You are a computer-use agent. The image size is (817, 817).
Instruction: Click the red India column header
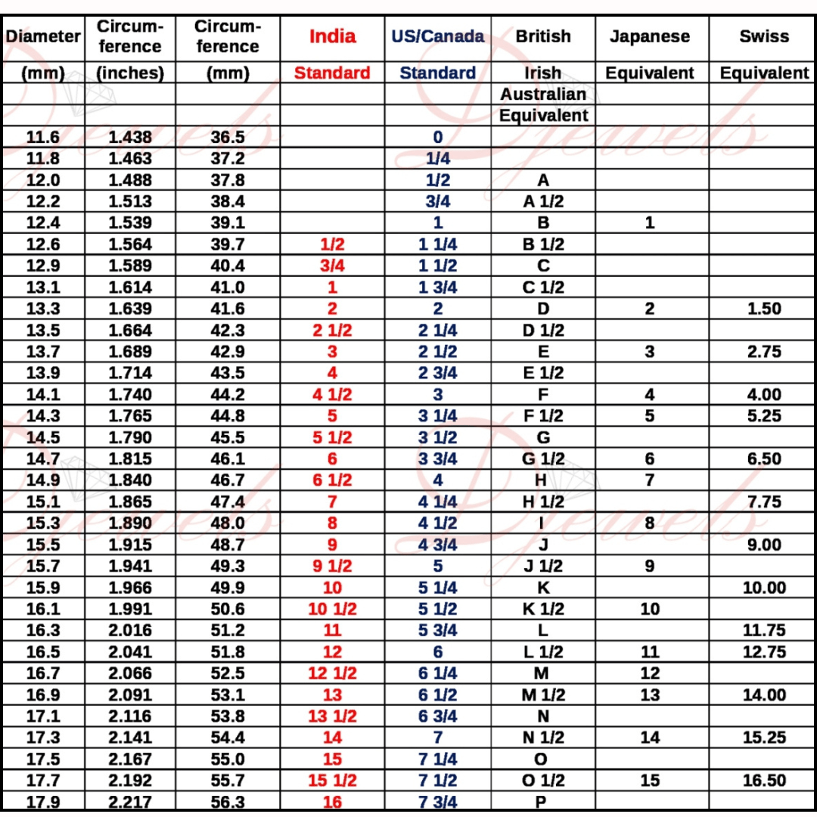coord(332,36)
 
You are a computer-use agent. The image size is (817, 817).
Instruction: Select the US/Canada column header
coord(437,36)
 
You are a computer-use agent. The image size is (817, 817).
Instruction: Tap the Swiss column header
coord(763,36)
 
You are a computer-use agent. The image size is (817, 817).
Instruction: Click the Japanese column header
coord(650,36)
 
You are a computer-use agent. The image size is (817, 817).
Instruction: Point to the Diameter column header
coord(43,36)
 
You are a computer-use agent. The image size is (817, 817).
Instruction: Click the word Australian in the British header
coord(543,95)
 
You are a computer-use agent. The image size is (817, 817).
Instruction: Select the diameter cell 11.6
coord(43,137)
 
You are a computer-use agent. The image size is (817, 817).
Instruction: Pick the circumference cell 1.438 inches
coord(130,137)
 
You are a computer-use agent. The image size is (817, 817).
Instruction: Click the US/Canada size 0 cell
coord(437,138)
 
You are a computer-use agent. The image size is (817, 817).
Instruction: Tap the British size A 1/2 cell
coord(543,201)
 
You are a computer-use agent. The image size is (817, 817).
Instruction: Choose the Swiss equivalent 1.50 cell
coord(763,309)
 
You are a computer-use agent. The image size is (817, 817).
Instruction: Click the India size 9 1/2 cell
coord(332,566)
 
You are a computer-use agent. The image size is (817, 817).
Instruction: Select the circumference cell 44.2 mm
coord(228,394)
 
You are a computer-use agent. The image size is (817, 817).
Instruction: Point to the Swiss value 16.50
coord(763,780)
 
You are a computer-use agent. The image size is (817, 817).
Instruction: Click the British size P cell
coord(543,802)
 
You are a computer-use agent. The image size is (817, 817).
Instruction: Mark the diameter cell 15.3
coord(43,523)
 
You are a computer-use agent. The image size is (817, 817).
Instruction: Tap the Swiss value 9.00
coord(763,545)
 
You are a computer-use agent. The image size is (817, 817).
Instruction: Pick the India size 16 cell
coord(332,802)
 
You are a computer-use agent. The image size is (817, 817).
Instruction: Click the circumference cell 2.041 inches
coord(130,651)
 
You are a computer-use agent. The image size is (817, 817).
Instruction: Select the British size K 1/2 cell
coord(543,609)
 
